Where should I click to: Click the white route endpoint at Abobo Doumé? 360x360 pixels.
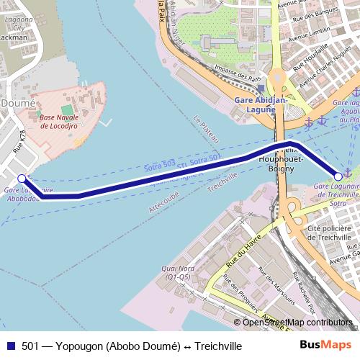tap(22, 178)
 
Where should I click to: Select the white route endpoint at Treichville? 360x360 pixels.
tap(338, 176)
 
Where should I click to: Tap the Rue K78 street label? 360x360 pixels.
tap(19, 143)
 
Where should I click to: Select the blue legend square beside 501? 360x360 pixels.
tap(10, 346)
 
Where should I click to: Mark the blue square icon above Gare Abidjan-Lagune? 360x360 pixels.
tap(261, 87)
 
